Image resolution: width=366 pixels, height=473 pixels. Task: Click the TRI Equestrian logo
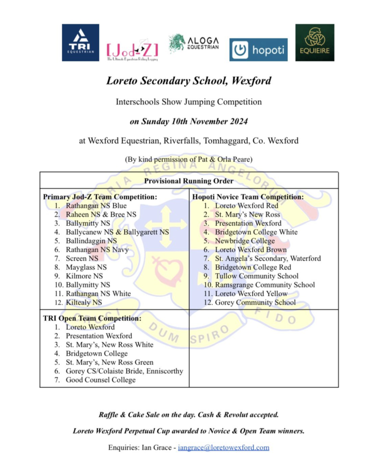(80, 42)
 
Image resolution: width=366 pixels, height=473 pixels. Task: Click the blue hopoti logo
(258, 49)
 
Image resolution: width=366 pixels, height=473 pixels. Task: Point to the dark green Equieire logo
(315, 42)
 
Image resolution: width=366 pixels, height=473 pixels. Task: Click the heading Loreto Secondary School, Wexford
(189, 81)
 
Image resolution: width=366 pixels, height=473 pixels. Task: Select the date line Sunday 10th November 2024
(189, 122)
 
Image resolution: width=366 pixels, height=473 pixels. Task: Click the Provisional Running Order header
(189, 181)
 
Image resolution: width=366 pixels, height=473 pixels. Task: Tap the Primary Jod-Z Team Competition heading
(100, 197)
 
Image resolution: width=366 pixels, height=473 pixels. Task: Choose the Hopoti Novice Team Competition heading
(248, 197)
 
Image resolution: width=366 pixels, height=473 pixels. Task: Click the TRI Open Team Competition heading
(92, 318)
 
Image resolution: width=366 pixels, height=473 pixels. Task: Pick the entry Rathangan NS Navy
(97, 250)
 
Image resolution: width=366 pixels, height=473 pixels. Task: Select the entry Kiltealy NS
(84, 303)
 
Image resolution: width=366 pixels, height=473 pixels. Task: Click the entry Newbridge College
(244, 241)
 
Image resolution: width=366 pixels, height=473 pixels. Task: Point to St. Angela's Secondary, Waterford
(268, 259)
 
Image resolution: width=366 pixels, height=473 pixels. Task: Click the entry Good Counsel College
(101, 380)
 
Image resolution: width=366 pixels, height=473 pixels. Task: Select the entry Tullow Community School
(256, 276)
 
